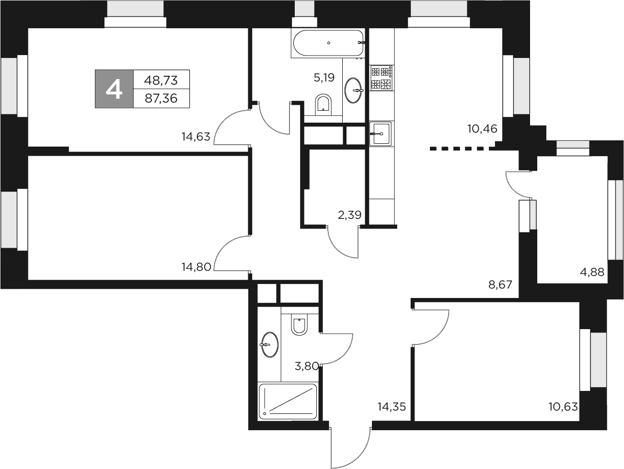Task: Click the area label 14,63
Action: pyautogui.click(x=196, y=137)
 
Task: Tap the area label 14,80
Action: pyautogui.click(x=196, y=267)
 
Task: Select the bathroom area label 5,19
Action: pyautogui.click(x=324, y=77)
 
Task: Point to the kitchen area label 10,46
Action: pyautogui.click(x=482, y=128)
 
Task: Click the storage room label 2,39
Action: pyautogui.click(x=349, y=215)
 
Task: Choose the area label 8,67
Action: pyautogui.click(x=500, y=285)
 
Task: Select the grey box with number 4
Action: pyautogui.click(x=114, y=89)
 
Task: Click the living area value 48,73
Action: pyautogui.click(x=161, y=80)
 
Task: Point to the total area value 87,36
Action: pyautogui.click(x=161, y=99)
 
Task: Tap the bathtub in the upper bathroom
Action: pyautogui.click(x=328, y=43)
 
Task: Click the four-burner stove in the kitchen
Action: pyautogui.click(x=381, y=78)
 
